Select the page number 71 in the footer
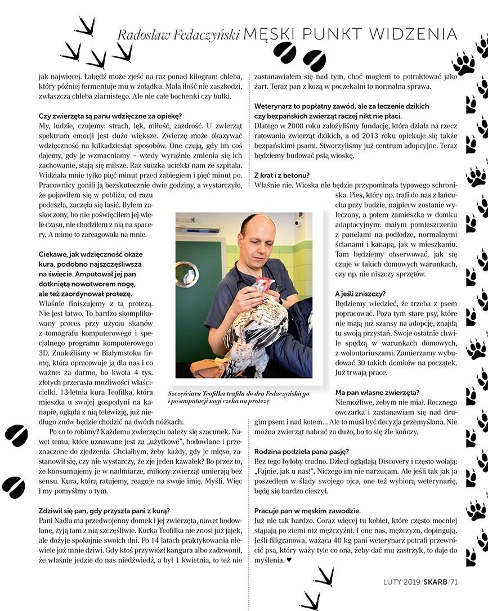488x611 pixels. coord(454,582)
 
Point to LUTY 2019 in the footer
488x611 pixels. coord(400,582)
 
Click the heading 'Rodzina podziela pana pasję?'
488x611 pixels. coord(302,451)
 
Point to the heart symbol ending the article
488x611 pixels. coord(289,560)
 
